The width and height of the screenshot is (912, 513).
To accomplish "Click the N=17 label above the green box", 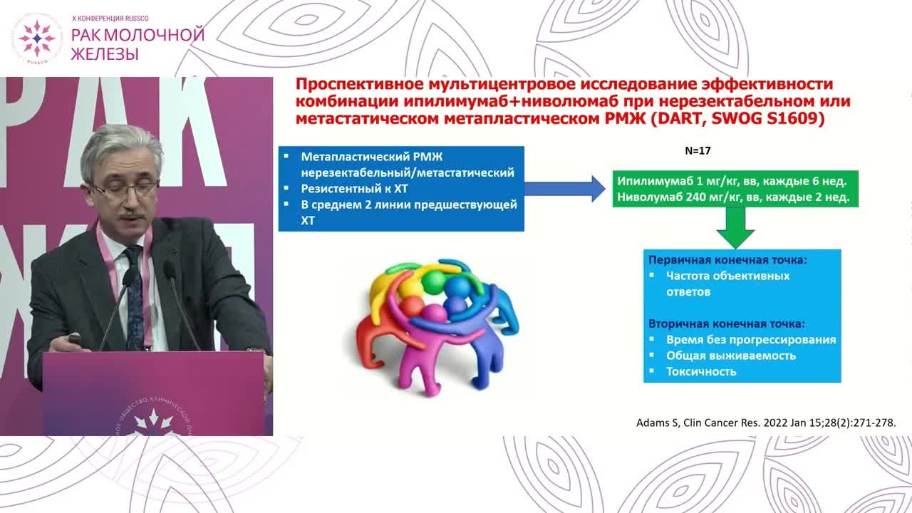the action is pos(698,150).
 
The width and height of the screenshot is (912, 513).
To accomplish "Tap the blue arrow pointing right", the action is pos(565,189).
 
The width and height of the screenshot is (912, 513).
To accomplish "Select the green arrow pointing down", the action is pos(735,227).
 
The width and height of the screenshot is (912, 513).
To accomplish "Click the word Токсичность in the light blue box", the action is pos(701,372).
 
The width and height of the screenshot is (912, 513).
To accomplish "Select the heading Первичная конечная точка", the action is pos(728,260).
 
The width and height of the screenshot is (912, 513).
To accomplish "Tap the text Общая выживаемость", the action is pos(731,356).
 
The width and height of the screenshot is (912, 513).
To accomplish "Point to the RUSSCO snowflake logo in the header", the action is pos(37,38).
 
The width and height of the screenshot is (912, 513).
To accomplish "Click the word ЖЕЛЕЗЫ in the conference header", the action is pos(105,53).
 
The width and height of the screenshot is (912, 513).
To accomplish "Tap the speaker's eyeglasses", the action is pos(124,190).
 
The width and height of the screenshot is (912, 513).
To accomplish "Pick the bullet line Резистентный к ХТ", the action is pos(354,189).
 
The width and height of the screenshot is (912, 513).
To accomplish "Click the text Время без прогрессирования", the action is pos(751,340).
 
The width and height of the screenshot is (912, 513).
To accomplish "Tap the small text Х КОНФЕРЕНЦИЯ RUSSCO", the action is pos(110,19).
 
